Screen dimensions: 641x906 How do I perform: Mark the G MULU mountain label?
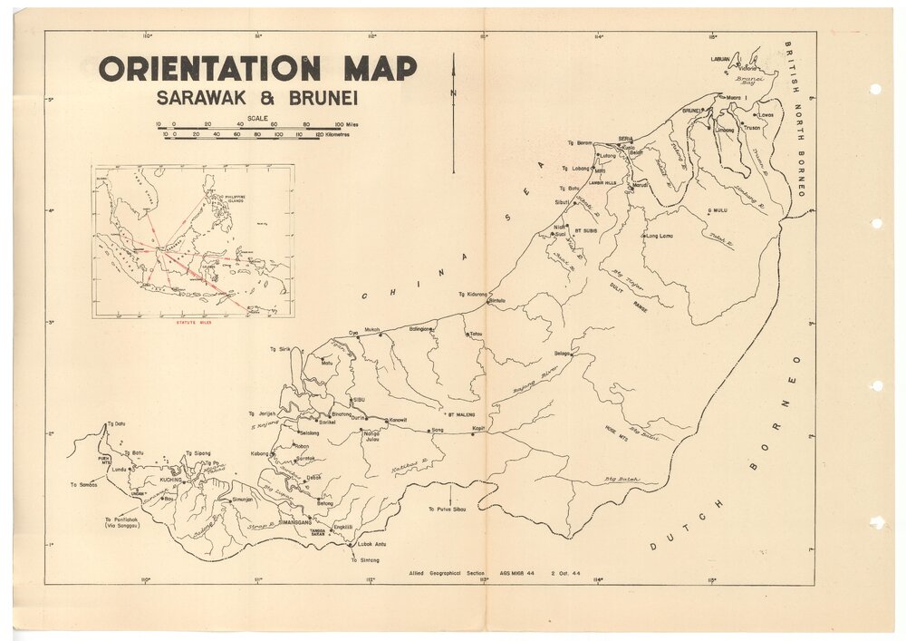718,210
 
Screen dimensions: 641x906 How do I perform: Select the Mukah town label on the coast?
371,330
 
